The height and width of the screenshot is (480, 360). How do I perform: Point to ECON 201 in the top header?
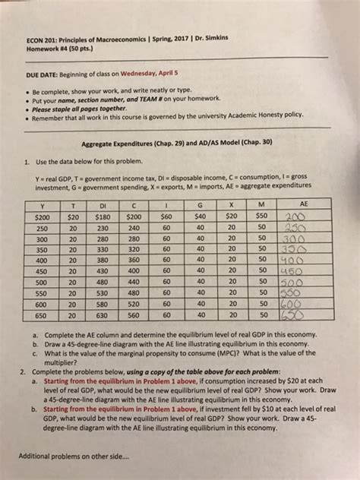[x=43, y=39]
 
